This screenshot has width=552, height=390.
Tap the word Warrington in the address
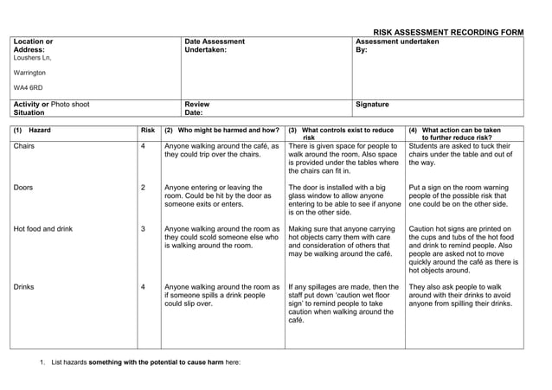[x=30, y=73]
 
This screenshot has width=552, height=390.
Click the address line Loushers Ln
[x=33, y=58]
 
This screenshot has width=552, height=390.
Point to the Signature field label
[x=372, y=105]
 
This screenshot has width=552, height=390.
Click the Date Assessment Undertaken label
[x=215, y=46]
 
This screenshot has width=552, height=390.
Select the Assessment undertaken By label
[x=397, y=46]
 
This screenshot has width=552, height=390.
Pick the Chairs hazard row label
[x=24, y=146]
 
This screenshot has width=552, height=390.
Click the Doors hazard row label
[x=24, y=187]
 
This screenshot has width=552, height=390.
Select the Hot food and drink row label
[x=43, y=229]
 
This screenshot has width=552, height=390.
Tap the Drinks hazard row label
[x=24, y=286]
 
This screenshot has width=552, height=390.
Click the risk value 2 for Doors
[x=143, y=187]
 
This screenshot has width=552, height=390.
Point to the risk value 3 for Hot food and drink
[x=143, y=229]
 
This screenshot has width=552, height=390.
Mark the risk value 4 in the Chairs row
[x=143, y=146]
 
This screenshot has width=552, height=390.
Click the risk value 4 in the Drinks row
[x=143, y=286]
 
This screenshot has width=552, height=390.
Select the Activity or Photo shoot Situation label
[x=51, y=109]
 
